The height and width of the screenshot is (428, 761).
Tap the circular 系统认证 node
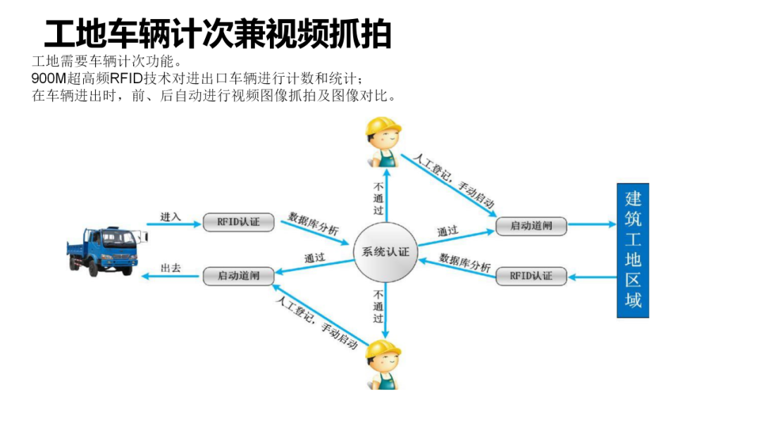coord(385,252)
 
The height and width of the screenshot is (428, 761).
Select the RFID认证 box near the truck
coord(238,222)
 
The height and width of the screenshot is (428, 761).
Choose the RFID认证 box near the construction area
coord(530,276)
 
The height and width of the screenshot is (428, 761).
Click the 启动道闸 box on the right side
coord(530,226)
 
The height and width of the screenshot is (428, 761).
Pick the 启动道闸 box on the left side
coord(238,275)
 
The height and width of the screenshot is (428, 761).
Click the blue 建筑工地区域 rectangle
coord(633,251)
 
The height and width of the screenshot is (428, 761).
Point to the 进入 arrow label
coord(171,217)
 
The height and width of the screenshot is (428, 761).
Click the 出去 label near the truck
coord(171,268)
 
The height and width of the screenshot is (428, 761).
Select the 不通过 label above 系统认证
coord(378,199)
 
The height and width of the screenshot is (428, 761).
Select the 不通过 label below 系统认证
coord(378,306)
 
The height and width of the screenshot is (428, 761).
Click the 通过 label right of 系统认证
coord(447,231)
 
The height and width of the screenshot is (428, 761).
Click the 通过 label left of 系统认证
coord(315,258)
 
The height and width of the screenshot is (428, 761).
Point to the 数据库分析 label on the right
coord(465,263)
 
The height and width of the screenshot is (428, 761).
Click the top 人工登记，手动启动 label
coord(454,179)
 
